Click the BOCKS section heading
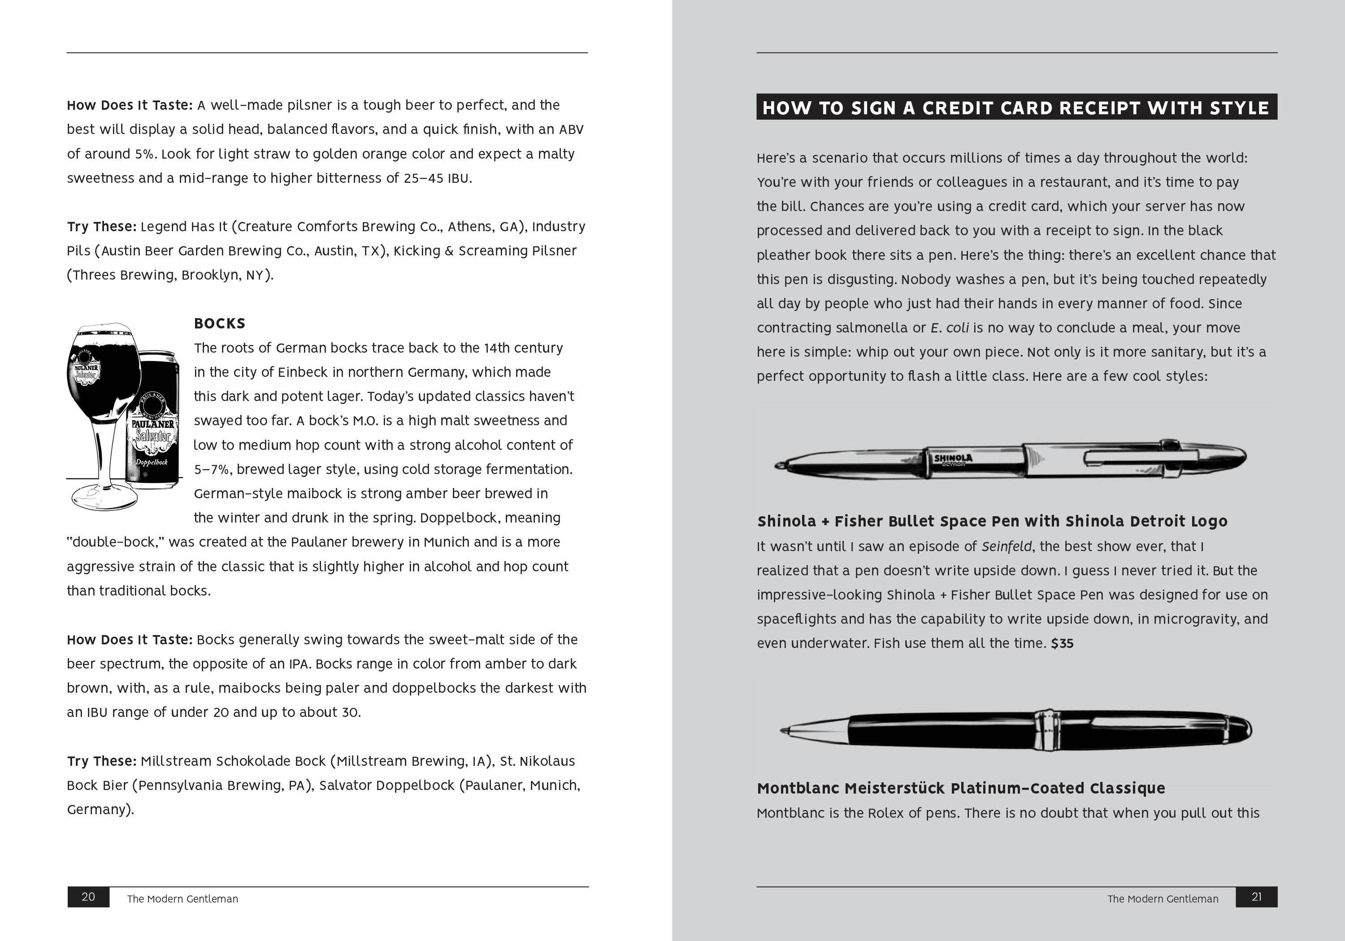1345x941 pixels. tap(220, 323)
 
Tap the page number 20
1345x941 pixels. tap(88, 897)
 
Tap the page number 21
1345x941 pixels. tap(1257, 897)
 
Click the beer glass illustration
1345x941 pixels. tap(103, 410)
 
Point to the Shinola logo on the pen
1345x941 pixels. tap(953, 459)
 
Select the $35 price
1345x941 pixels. tap(1062, 643)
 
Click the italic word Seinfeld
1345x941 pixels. tap(1007, 546)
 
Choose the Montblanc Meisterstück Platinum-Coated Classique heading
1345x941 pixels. tap(961, 788)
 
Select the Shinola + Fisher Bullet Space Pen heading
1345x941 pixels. tap(992, 521)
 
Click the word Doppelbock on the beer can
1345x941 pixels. tap(152, 462)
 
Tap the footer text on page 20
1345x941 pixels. tap(183, 899)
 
